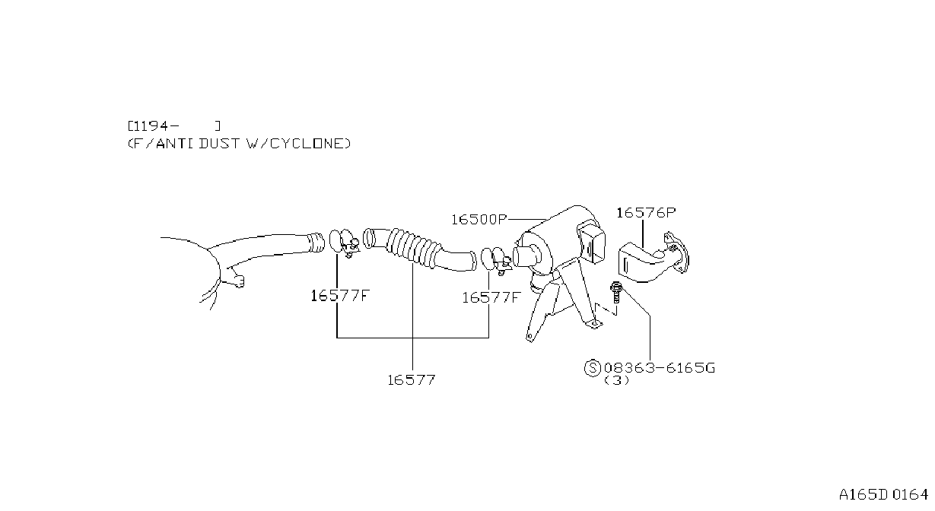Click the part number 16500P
[x=479, y=220]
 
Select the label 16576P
[x=646, y=213]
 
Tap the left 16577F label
[x=340, y=296]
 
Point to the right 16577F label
[x=491, y=297]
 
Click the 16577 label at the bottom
[x=412, y=380]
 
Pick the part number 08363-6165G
[x=660, y=368]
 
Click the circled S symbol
[x=593, y=368]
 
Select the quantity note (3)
[x=616, y=380]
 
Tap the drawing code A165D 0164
[x=883, y=495]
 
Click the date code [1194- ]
[x=174, y=125]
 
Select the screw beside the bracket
[x=615, y=293]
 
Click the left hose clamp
[x=344, y=243]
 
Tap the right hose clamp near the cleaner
[x=496, y=261]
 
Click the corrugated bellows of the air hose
[x=412, y=246]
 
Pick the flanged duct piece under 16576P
[x=654, y=257]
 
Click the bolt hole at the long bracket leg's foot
[x=530, y=336]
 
